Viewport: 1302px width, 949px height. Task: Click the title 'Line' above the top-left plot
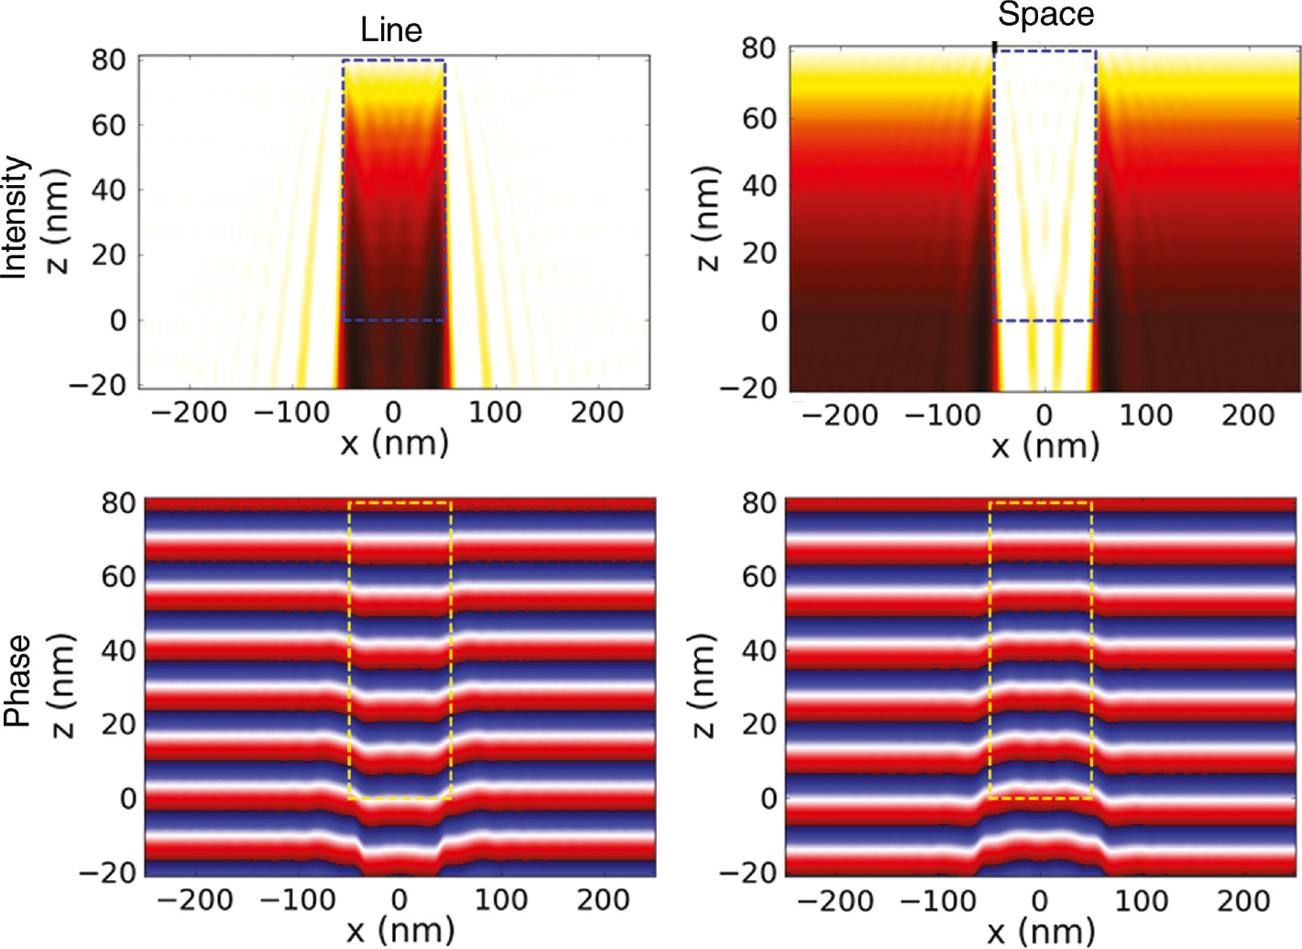391,30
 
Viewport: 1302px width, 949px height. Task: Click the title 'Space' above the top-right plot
1045,15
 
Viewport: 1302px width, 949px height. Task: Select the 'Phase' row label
16,681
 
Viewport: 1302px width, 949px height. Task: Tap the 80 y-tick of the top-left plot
109,60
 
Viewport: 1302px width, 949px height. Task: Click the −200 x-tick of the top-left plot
189,413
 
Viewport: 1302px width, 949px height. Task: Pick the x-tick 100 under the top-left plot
495,413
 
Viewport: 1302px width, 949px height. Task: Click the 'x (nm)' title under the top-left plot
394,444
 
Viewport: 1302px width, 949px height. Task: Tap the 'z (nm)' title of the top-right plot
706,219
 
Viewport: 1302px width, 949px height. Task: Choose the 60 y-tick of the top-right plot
760,118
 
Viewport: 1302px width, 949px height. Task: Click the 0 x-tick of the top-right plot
1045,416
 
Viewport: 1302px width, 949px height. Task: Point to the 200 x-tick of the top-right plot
1247,416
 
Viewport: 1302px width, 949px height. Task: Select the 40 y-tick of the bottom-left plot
118,651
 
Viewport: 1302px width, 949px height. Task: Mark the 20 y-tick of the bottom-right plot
760,725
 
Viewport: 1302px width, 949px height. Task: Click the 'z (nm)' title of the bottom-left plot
62,684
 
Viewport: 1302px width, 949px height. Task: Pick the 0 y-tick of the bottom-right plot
768,799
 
